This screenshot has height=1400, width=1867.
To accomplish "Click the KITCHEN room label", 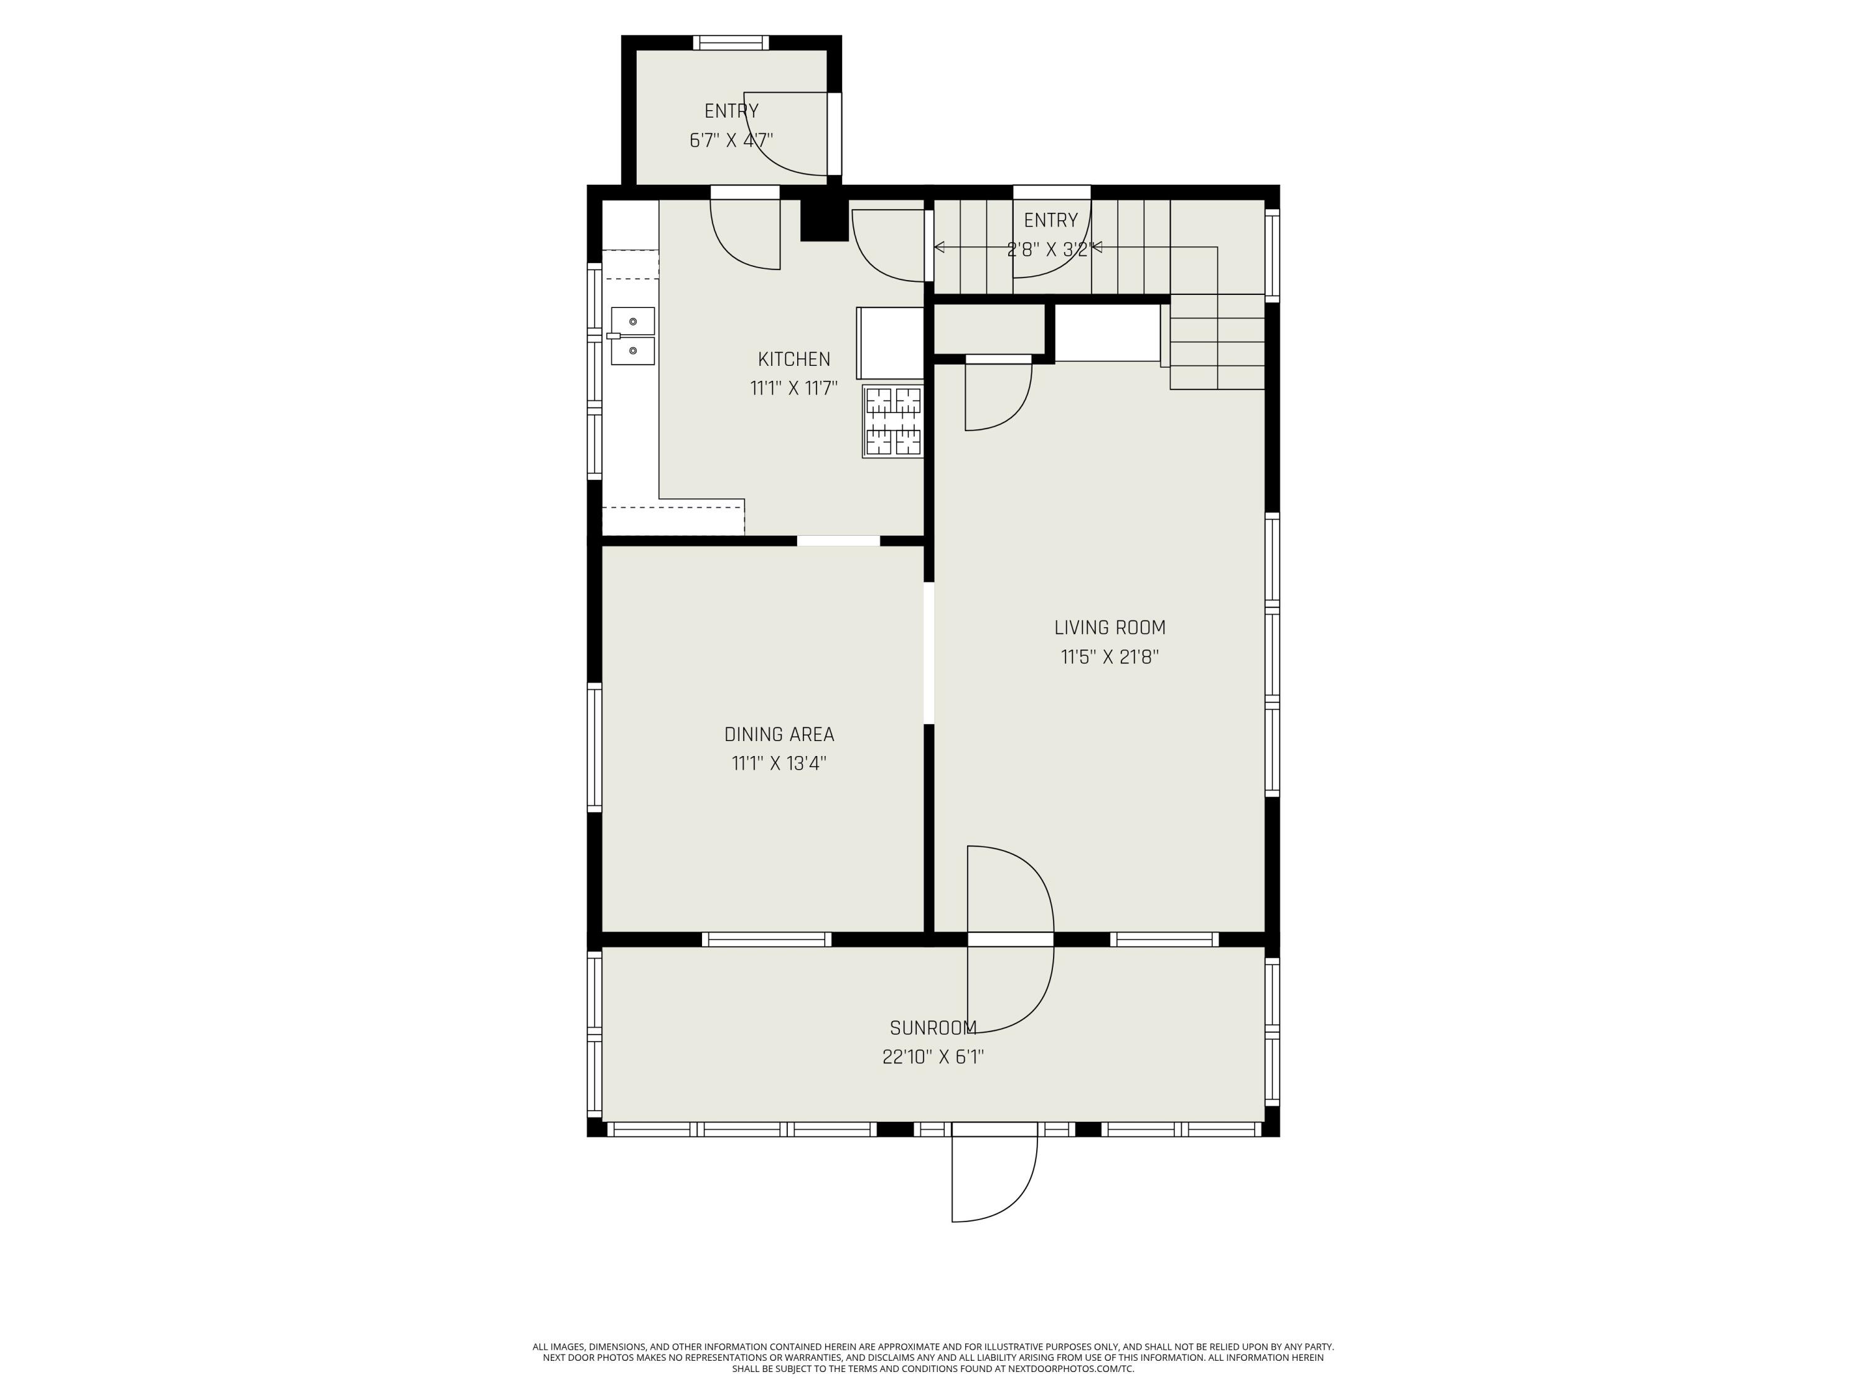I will pyautogui.click(x=793, y=358).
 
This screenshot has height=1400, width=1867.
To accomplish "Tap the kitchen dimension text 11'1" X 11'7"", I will pyautogui.click(x=793, y=388).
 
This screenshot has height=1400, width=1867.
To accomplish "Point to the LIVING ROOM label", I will pyautogui.click(x=1109, y=627).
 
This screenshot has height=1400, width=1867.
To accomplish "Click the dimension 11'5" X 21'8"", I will pyautogui.click(x=1109, y=656).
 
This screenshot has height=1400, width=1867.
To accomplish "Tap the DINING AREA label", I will pyautogui.click(x=778, y=734).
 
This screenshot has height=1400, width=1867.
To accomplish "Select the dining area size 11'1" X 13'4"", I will pyautogui.click(x=778, y=763).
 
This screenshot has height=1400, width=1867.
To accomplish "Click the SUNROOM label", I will pyautogui.click(x=933, y=1028).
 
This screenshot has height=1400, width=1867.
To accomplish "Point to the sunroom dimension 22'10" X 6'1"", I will pyautogui.click(x=933, y=1057).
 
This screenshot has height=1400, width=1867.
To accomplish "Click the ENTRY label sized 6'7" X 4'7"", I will pyautogui.click(x=731, y=111).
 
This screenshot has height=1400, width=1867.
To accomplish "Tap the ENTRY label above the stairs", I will pyautogui.click(x=1050, y=220).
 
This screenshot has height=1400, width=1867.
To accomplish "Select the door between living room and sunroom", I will pyautogui.click(x=1010, y=939).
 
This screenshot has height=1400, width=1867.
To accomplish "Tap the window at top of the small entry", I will pyautogui.click(x=731, y=42).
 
